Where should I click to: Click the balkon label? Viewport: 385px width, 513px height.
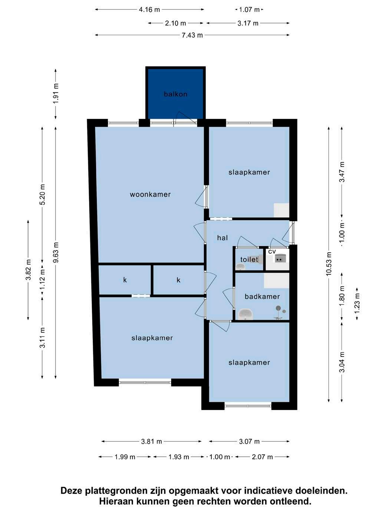tap(175, 94)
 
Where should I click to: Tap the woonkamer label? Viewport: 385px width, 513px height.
tap(150, 195)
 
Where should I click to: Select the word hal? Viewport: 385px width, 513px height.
tap(222, 238)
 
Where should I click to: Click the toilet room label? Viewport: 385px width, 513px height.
tap(249, 259)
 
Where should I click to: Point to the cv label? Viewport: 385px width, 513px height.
tap(272, 251)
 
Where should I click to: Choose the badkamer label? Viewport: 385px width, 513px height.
tap(262, 297)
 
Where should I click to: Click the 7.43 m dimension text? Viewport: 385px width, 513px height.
tap(192, 35)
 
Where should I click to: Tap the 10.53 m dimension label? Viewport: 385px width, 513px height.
tap(329, 264)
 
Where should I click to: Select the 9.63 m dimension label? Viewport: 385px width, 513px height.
tap(56, 252)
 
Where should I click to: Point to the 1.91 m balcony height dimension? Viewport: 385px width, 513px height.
tap(56, 93)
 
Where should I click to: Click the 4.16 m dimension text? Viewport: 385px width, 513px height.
tap(149, 10)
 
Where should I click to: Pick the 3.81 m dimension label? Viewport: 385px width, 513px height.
tap(151, 441)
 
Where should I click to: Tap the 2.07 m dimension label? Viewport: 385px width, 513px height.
tap(262, 457)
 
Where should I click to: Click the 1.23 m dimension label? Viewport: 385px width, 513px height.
tap(357, 304)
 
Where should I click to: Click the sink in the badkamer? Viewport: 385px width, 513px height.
tap(246, 314)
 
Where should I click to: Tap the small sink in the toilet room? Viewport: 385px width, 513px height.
tap(240, 267)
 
